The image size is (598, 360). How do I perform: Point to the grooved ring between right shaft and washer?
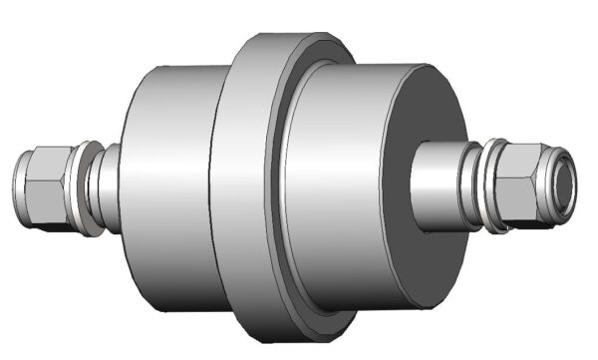(x=475, y=185)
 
